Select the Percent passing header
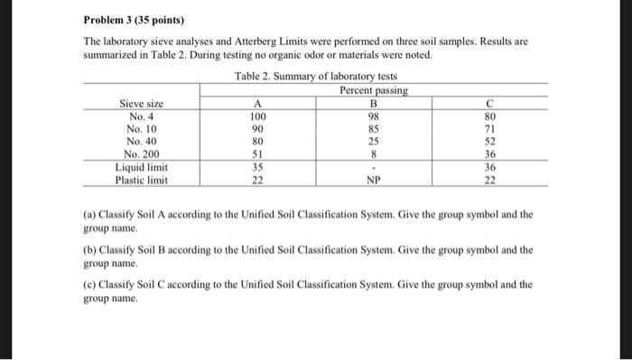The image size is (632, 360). [373, 90]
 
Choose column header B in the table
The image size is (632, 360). [372, 105]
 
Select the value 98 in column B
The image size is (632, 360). [372, 116]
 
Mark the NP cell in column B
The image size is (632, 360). [372, 180]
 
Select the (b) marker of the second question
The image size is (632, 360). [90, 249]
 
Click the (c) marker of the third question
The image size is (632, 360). [90, 283]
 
